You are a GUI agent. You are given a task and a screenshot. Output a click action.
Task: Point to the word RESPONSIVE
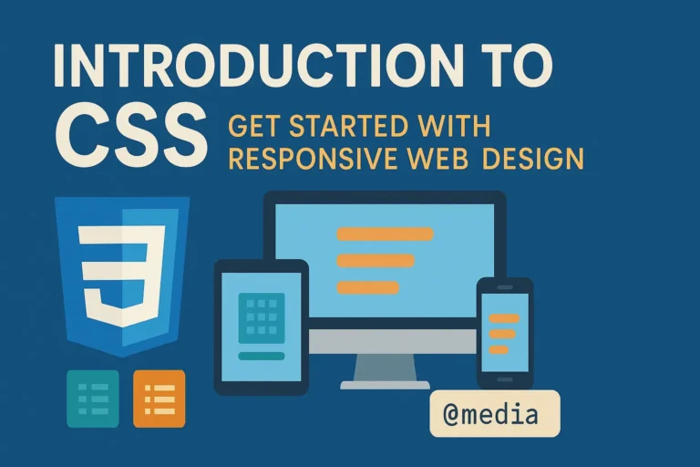click(311, 159)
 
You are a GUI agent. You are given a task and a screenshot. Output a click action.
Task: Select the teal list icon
click(93, 399)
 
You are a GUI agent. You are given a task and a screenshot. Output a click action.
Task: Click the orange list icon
click(159, 399)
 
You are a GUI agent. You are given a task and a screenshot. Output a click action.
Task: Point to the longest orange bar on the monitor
click(385, 233)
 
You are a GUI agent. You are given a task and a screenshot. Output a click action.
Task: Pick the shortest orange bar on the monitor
click(367, 288)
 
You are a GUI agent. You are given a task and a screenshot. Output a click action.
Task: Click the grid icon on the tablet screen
click(261, 316)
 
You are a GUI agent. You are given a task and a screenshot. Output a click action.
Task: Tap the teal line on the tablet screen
click(261, 356)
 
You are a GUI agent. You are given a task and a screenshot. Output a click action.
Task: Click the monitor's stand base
click(385, 385)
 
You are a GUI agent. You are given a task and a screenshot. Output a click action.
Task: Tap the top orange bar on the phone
click(504, 318)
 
